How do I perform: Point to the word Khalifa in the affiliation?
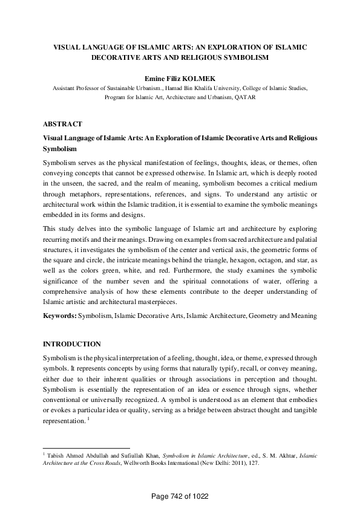(214, 88)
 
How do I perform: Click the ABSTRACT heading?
(63, 124)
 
